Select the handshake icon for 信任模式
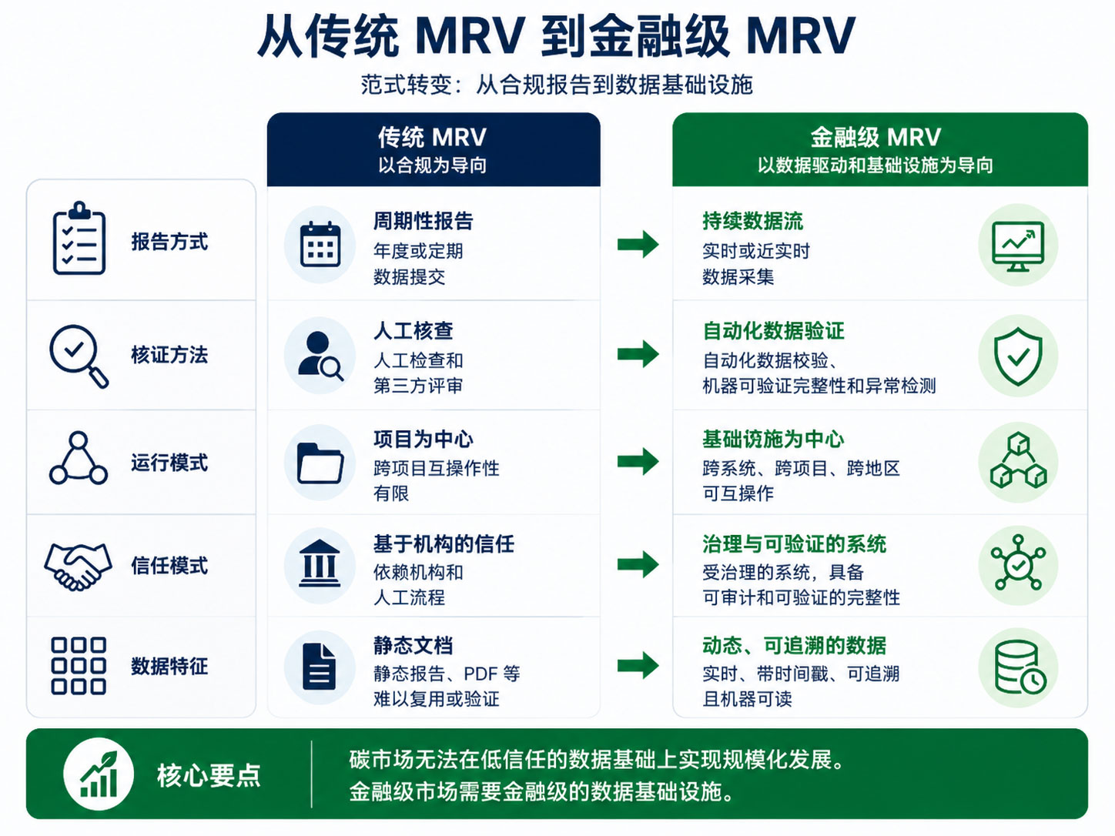tap(79, 566)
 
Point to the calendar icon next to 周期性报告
tap(320, 244)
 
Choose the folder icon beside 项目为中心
tap(320, 463)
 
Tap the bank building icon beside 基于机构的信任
tap(320, 564)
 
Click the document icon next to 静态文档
tap(319, 667)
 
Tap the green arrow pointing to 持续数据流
tap(638, 244)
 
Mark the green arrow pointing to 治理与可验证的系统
tap(638, 564)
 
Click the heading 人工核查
tap(413, 331)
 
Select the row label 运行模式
tap(169, 463)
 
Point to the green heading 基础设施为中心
tap(773, 439)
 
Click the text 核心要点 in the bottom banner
tap(209, 775)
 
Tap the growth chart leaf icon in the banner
tap(99, 774)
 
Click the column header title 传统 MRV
tap(432, 137)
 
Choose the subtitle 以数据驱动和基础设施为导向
tap(876, 166)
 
